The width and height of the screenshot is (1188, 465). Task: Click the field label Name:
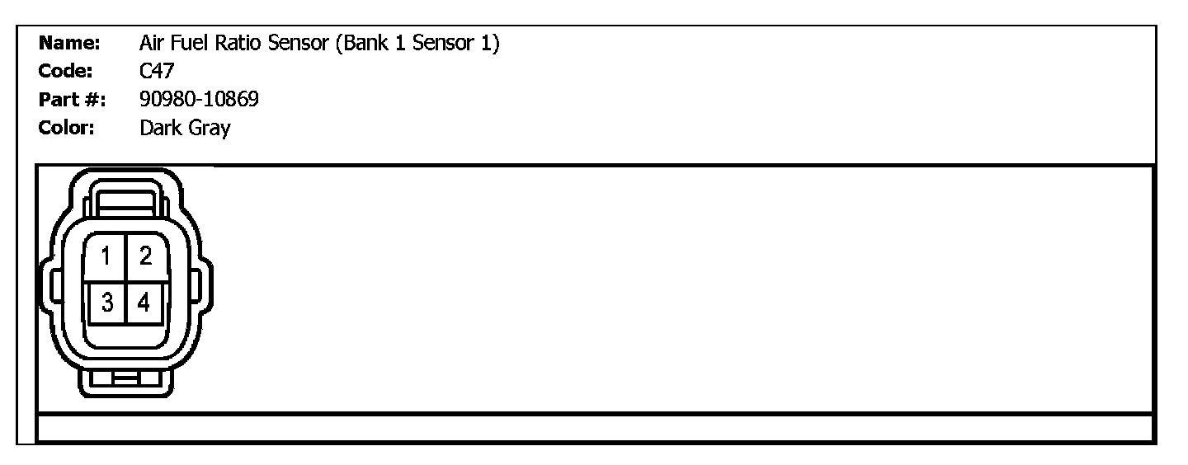(69, 43)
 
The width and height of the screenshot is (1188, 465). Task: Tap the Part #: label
(72, 100)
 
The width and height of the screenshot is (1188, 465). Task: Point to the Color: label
(67, 129)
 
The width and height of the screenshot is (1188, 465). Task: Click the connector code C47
(157, 71)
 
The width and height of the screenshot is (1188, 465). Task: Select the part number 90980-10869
(199, 100)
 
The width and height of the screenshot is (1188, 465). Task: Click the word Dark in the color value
(160, 129)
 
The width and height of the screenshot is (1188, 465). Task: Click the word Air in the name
(153, 43)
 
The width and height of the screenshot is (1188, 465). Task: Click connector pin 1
(106, 257)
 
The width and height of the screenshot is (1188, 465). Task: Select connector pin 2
(145, 257)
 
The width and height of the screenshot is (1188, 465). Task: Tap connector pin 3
(106, 303)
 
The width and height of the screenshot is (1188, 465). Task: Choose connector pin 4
(145, 303)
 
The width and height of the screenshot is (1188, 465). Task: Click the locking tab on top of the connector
(125, 198)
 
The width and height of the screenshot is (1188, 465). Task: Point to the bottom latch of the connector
(125, 380)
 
